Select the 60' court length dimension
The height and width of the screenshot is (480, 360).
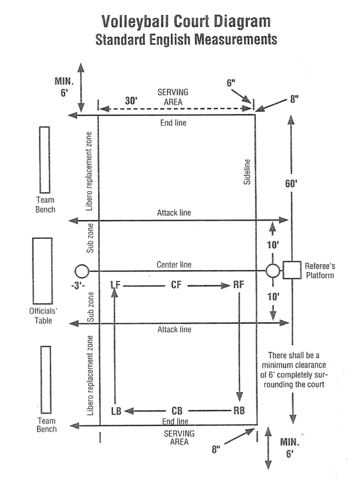pos(291,184)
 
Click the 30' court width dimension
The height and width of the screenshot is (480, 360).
pos(131,101)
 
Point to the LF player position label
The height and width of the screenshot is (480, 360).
pos(115,285)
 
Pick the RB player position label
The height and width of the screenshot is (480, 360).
pos(239,411)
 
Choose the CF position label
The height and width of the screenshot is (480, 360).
pos(176,285)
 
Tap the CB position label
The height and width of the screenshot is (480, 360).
pos(177,411)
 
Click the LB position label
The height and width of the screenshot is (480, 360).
pos(116,411)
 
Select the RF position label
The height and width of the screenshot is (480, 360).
pos(239,285)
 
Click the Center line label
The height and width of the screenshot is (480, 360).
pos(174,265)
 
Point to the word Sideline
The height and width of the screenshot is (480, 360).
pos(247,172)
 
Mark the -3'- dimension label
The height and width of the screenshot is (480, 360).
pos(78,286)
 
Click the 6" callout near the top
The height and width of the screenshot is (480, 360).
pos(231,83)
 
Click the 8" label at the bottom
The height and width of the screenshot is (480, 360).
pos(216,449)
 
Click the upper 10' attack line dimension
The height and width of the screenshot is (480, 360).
pos(273,245)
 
